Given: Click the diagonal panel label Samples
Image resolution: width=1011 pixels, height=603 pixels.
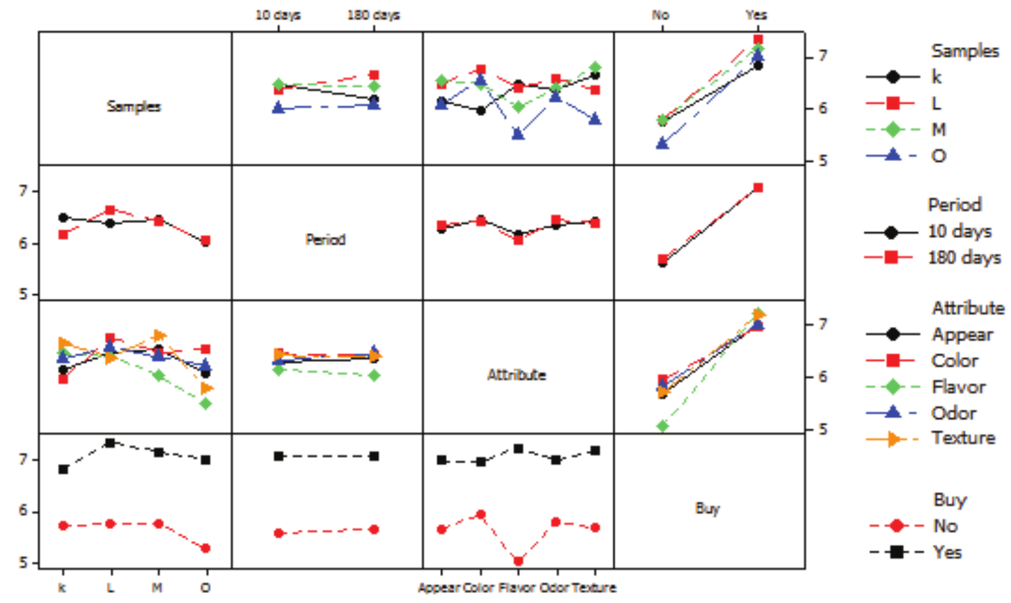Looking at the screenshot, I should tap(134, 107).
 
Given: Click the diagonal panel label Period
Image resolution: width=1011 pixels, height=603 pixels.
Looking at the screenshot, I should tap(325, 240).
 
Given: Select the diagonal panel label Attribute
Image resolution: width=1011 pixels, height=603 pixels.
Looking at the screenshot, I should tap(516, 375).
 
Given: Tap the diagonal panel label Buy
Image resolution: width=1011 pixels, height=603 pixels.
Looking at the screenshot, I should tap(707, 509).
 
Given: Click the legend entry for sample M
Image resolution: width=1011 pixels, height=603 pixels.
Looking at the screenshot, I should tap(939, 130).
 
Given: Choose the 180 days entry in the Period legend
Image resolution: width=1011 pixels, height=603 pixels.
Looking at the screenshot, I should tap(964, 257).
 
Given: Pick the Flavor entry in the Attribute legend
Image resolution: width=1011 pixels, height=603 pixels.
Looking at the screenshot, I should tap(958, 387).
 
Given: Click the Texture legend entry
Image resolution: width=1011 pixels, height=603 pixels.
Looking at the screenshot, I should tap(963, 438).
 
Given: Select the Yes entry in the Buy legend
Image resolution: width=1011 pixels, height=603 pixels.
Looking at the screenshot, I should tap(947, 552).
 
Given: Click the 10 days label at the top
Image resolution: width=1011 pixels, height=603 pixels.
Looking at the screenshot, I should tap(278, 15).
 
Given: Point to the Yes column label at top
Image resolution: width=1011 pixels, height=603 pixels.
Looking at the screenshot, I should tap(756, 15).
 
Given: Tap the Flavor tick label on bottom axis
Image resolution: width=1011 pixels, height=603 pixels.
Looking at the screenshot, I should tap(518, 588).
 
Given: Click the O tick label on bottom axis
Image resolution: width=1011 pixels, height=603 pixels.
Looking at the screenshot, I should tap(206, 588).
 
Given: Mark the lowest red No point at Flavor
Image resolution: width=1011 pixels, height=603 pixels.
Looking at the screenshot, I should tap(518, 561).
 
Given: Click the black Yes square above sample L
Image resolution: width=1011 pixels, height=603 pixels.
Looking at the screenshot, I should tap(110, 443).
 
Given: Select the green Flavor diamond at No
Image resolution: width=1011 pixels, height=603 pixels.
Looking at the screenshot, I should tap(663, 426).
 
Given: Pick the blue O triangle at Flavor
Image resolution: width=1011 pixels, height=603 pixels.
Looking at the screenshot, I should tap(518, 134).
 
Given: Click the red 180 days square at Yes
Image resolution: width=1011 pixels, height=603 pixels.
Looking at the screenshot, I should tap(757, 187).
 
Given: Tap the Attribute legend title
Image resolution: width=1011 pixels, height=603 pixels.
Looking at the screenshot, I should tap(968, 308).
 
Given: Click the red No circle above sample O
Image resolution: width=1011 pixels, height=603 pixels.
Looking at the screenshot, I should tap(206, 548).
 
